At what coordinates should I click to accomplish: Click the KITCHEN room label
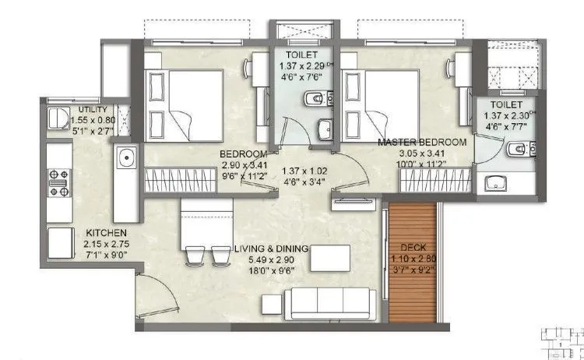pos(106,233)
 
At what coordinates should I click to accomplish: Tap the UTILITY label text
pos(93,110)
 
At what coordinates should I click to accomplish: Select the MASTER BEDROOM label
pos(422,142)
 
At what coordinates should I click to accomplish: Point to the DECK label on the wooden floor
pos(413,247)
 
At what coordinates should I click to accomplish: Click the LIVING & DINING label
pos(271,249)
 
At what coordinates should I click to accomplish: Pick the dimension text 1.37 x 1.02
pos(304,171)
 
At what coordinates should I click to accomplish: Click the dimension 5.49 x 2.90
pos(272,259)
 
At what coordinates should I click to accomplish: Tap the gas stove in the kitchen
pos(59,182)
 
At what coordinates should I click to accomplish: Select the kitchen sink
pos(127,157)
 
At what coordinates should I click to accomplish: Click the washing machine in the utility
pos(58,118)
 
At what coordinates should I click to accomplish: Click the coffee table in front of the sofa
pos(330,258)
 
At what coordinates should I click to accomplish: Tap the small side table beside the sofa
pos(272,304)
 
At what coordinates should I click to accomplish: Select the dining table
pos(206,224)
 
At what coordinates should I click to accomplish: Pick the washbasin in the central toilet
pos(325,129)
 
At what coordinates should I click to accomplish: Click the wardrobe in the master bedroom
pos(436,180)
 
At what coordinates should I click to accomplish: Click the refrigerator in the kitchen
pos(61,243)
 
